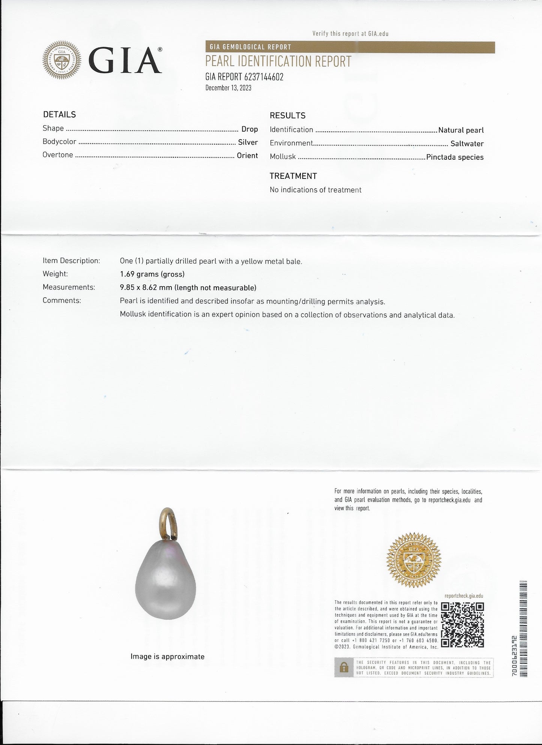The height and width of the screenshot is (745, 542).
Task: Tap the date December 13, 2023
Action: [228, 88]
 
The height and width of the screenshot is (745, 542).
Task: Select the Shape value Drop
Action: [249, 129]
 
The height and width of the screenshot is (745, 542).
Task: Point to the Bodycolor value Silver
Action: [248, 142]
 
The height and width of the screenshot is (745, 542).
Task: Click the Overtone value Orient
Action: [247, 156]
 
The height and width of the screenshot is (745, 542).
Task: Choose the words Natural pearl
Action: [461, 130]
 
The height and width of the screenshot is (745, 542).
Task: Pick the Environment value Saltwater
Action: [467, 144]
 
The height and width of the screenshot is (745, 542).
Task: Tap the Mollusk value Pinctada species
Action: [455, 157]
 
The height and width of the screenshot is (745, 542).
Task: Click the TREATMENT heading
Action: [293, 176]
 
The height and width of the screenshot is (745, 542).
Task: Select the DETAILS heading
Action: [59, 115]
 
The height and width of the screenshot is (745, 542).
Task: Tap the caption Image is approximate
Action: [167, 657]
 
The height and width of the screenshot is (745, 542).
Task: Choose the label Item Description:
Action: [71, 261]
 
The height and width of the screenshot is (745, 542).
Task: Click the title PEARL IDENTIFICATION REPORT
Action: [278, 61]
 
